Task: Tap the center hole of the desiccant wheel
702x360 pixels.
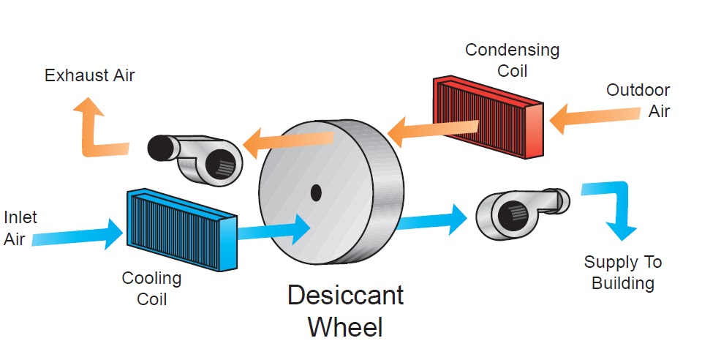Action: click(316, 192)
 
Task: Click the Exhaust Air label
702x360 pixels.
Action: click(89, 75)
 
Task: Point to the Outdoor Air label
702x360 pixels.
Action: click(638, 101)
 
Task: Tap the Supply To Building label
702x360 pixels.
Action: click(622, 272)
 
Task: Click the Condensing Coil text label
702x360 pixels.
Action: click(512, 60)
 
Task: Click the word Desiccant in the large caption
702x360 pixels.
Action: click(344, 296)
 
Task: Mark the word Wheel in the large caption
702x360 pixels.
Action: click(344, 326)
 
